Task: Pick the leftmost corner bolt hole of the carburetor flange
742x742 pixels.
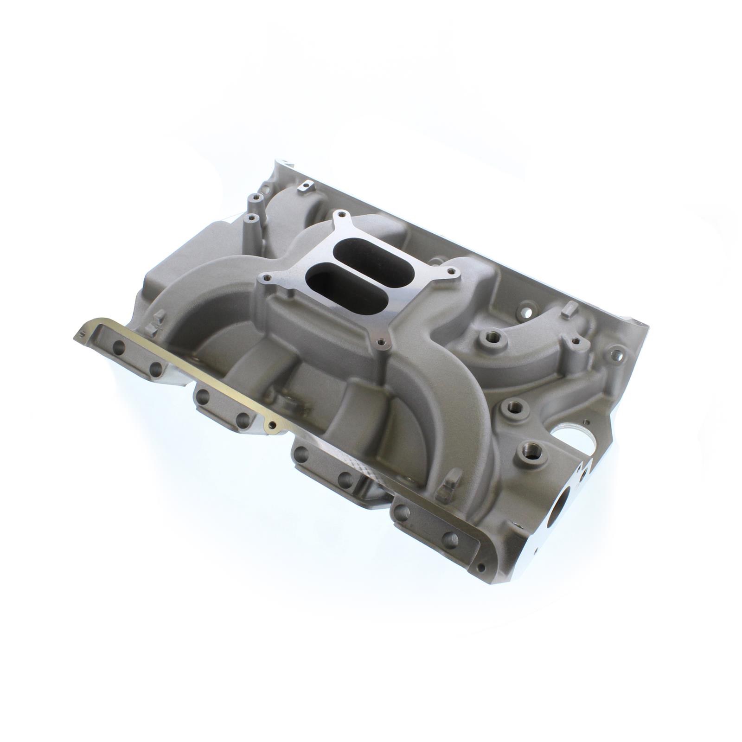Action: click(x=266, y=278)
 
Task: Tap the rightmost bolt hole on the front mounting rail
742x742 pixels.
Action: click(x=449, y=539)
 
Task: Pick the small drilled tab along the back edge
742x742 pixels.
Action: click(x=305, y=187)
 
